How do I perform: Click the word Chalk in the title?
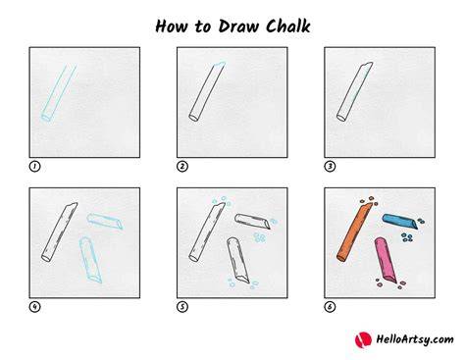point(287,26)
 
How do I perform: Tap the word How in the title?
point(172,26)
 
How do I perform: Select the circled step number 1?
point(34,167)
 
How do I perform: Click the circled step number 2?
point(182,167)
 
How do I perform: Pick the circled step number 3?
point(330,167)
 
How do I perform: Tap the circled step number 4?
point(34,307)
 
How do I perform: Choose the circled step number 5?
point(182,307)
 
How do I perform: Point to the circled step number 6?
point(330,307)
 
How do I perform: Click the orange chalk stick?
point(354,232)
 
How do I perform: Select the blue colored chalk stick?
point(400,222)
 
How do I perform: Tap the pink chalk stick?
point(386,260)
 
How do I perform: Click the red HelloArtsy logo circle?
point(363,340)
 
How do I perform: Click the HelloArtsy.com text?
point(415,339)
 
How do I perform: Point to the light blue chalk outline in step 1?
point(59,93)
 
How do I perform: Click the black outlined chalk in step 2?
point(207,91)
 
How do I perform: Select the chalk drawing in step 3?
point(355,91)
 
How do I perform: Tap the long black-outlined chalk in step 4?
point(60,231)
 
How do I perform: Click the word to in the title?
point(203,26)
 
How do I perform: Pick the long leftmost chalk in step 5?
point(207,231)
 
